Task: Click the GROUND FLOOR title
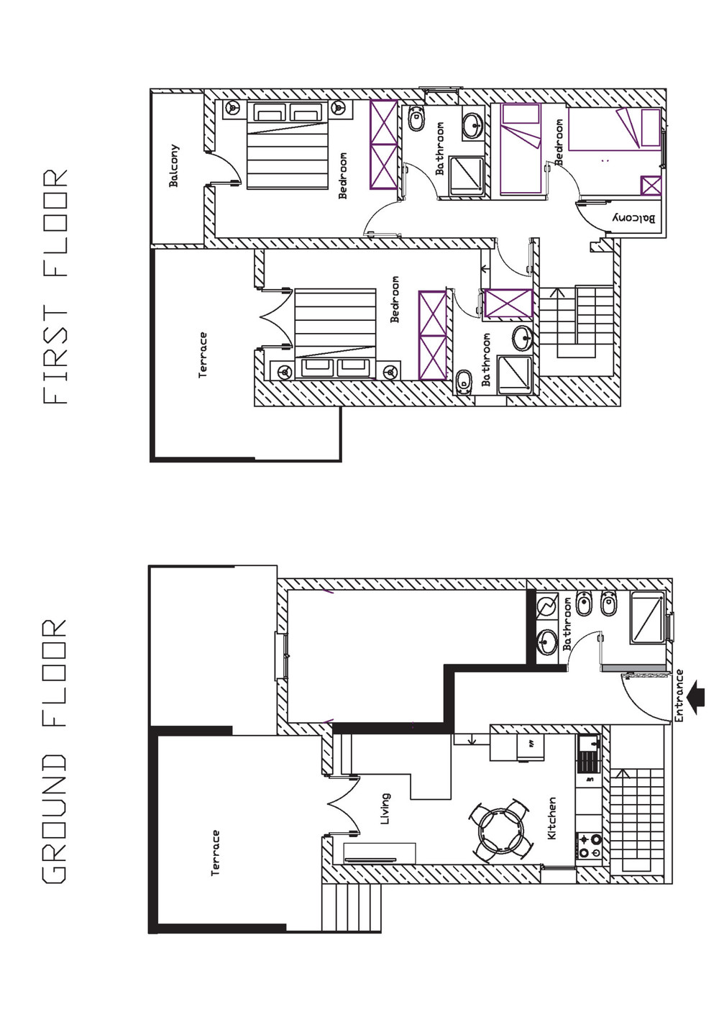(55, 752)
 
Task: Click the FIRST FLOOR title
(55, 287)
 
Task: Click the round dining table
(500, 831)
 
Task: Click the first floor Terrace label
(203, 355)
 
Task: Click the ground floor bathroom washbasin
(547, 642)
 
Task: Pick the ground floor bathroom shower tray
(647, 617)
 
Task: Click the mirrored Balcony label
(635, 218)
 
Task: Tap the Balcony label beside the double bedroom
(174, 165)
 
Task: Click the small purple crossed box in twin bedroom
(651, 186)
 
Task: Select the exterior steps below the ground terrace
(352, 908)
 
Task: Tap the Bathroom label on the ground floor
(567, 624)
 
